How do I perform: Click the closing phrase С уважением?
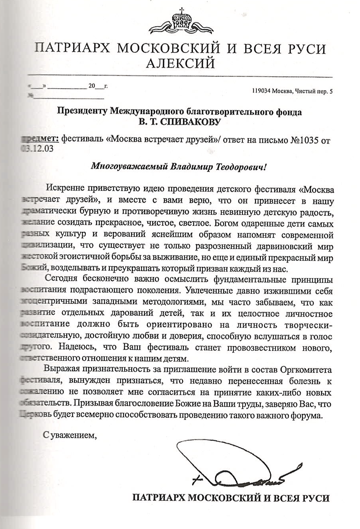coord(70,434)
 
